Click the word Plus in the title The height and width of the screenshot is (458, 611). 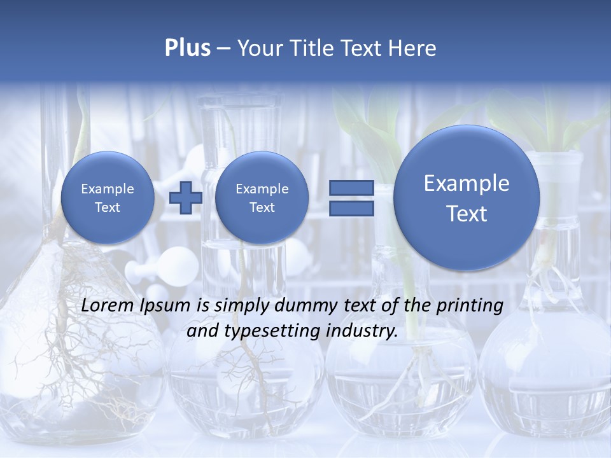[187, 48]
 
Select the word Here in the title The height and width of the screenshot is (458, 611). [412, 48]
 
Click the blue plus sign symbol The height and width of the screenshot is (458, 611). [186, 197]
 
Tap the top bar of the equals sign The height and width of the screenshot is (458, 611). [351, 188]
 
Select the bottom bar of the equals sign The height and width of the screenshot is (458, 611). [351, 209]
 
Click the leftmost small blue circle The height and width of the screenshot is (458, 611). [108, 198]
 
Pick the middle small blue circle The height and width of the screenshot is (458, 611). [262, 198]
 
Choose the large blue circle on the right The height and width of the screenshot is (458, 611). [467, 198]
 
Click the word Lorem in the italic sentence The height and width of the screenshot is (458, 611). [107, 305]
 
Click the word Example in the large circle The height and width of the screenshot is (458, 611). [467, 183]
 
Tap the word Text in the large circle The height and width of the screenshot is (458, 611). [467, 214]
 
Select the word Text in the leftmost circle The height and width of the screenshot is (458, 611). [108, 207]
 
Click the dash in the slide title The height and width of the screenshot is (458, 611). [223, 48]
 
